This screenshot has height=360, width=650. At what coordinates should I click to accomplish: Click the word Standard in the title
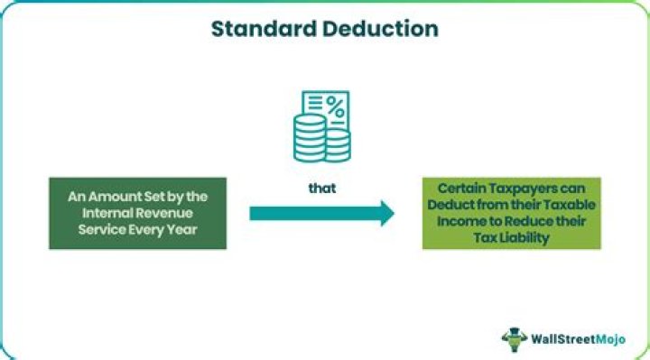pyautogui.click(x=256, y=28)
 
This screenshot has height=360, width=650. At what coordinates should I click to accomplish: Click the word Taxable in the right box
pyautogui.click(x=562, y=205)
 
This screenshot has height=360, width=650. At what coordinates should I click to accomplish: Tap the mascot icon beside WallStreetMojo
pyautogui.click(x=515, y=338)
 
